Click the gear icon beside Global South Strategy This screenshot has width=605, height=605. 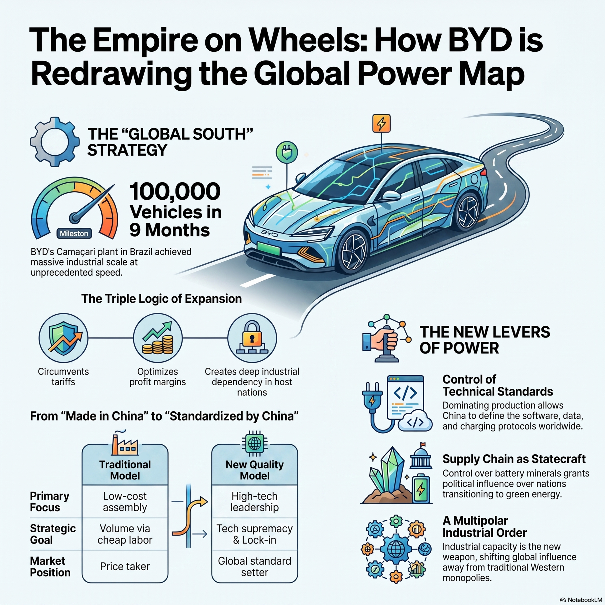(55, 142)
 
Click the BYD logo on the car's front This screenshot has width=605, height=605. (269, 233)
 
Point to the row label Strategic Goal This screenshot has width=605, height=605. (53, 534)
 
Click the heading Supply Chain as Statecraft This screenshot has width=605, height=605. (514, 459)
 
